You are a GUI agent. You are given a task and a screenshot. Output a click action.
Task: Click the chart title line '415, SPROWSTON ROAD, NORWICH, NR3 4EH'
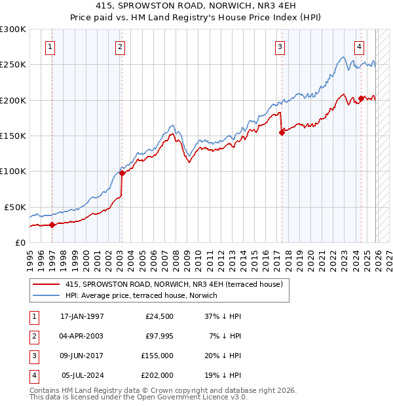[x=196, y=5]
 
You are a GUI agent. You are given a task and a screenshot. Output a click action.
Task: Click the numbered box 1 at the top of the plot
[x=50, y=46]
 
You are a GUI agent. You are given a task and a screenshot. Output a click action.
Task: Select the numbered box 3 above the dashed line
[x=280, y=46]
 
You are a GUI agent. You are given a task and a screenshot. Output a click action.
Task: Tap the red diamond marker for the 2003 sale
[x=122, y=174]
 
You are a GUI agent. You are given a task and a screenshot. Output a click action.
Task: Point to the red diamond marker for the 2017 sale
[x=282, y=132]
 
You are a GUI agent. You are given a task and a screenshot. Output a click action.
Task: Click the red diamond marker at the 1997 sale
[x=52, y=225]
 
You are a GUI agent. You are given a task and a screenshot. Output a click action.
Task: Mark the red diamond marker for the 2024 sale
[x=361, y=99]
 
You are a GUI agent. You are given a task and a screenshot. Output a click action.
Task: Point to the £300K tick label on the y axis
[x=13, y=29]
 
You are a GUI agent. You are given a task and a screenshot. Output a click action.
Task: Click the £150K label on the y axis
[x=13, y=136]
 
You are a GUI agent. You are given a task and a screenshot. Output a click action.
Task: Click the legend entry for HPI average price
[x=145, y=295]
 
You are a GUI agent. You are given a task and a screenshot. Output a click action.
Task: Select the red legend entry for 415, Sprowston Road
[x=174, y=284]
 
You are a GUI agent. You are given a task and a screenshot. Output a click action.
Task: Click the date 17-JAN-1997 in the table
[x=82, y=316]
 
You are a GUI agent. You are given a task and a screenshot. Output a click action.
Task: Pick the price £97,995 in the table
[x=157, y=336]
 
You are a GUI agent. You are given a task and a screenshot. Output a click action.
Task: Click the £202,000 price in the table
[x=157, y=375]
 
